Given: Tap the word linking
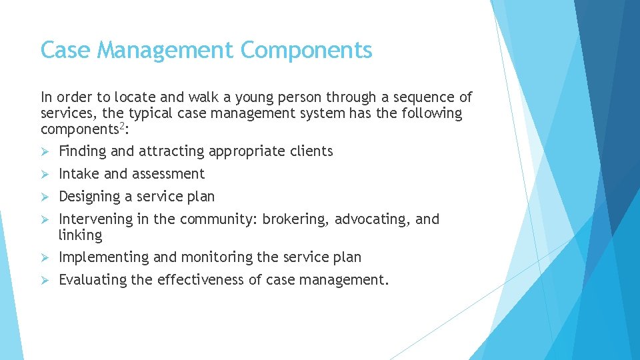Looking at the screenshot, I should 81,235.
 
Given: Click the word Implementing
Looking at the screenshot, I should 104,257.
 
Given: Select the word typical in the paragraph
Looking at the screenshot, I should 150,113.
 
